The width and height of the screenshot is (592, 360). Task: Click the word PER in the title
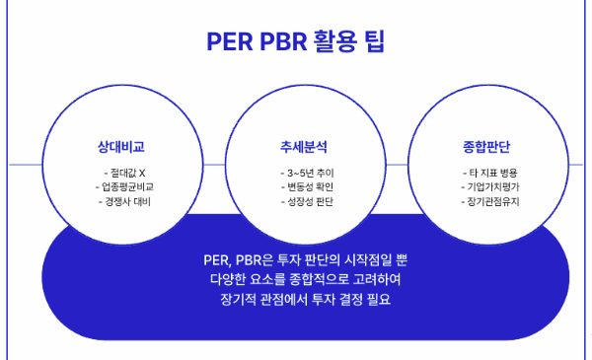[x=228, y=42]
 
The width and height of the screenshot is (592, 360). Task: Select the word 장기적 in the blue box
[x=241, y=299]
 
